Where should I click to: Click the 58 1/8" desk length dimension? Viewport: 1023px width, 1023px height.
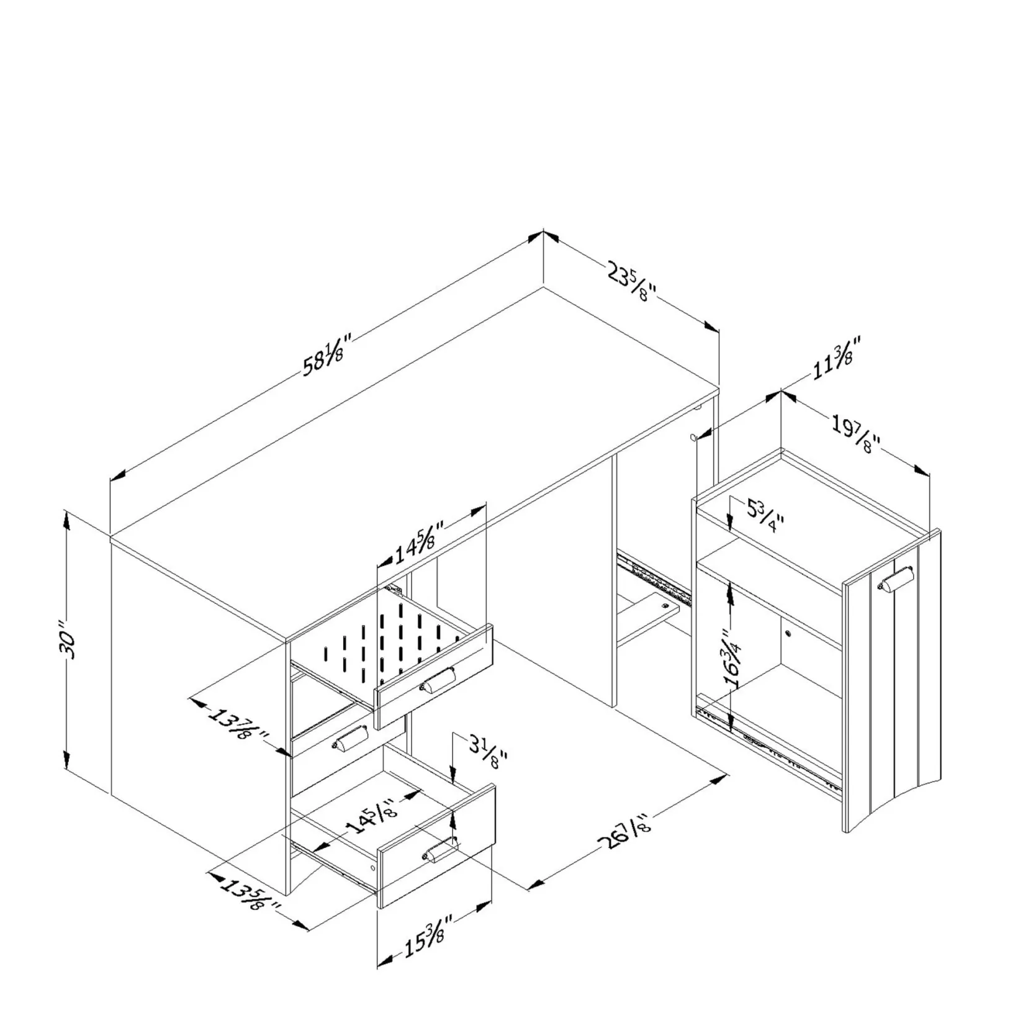tap(327, 354)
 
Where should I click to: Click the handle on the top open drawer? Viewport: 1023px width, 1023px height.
tap(438, 680)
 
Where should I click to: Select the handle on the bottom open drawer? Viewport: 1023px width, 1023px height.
tap(441, 850)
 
